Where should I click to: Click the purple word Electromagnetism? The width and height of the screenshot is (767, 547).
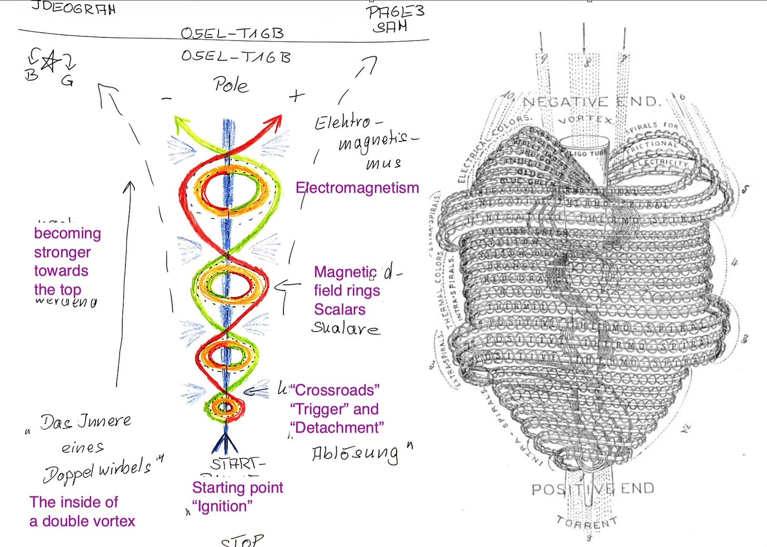tap(357, 188)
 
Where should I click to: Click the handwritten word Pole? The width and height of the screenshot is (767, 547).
tap(231, 84)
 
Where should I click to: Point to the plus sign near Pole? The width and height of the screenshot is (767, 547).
tap(297, 95)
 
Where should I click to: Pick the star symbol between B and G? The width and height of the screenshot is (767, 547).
tap(50, 62)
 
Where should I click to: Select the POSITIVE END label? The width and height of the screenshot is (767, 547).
tap(593, 489)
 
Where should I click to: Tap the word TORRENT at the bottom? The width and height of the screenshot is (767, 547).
tap(586, 522)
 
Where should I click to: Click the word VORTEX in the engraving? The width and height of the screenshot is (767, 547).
tap(586, 120)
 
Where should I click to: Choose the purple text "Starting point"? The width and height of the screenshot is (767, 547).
tap(238, 487)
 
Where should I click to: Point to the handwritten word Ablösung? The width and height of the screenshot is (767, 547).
tap(356, 454)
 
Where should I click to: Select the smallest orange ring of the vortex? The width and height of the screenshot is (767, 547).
tap(225, 406)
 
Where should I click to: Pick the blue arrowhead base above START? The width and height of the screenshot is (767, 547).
tap(225, 444)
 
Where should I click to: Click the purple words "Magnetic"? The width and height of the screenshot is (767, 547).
tap(345, 272)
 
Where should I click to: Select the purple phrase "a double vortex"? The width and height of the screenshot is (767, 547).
tap(82, 521)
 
